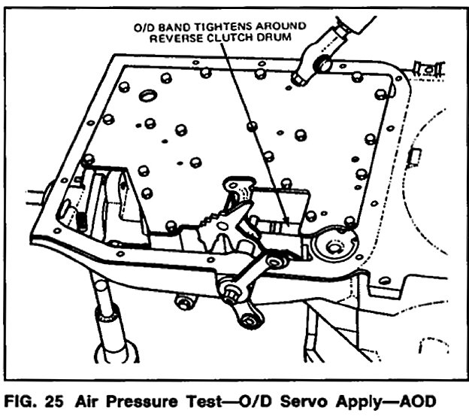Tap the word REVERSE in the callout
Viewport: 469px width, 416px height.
click(174, 37)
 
